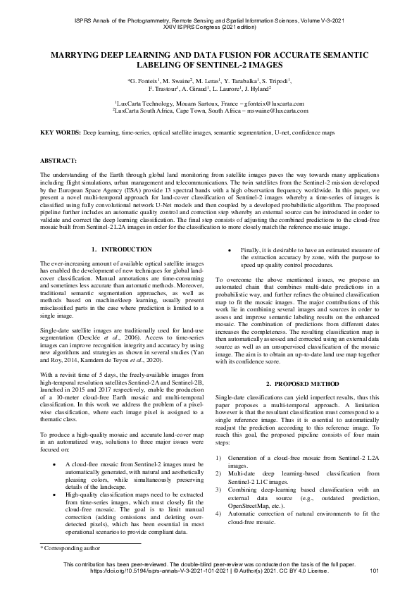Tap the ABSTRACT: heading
click(56, 161)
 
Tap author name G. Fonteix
click(144, 82)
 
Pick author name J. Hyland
click(255, 90)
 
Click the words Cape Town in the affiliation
click(199, 111)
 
